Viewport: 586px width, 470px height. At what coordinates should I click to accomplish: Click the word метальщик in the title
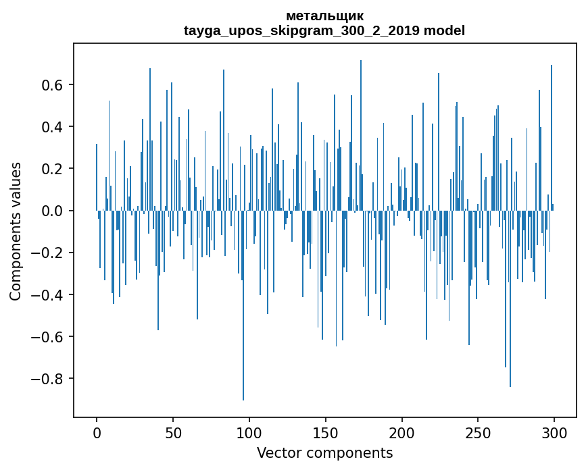coord(324,16)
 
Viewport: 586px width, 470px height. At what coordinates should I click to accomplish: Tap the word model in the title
coord(444,31)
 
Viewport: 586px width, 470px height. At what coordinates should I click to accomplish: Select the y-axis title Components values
coord(16,231)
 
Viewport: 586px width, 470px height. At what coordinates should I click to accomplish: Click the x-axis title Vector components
coord(324,452)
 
